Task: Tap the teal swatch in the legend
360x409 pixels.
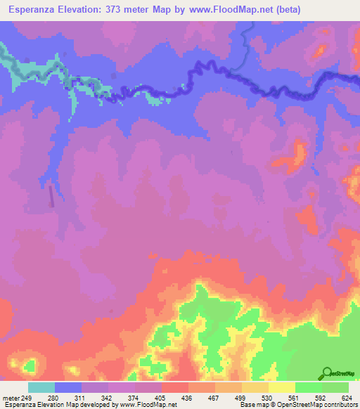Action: coord(41,388)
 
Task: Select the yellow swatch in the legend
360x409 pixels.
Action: coord(281,388)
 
